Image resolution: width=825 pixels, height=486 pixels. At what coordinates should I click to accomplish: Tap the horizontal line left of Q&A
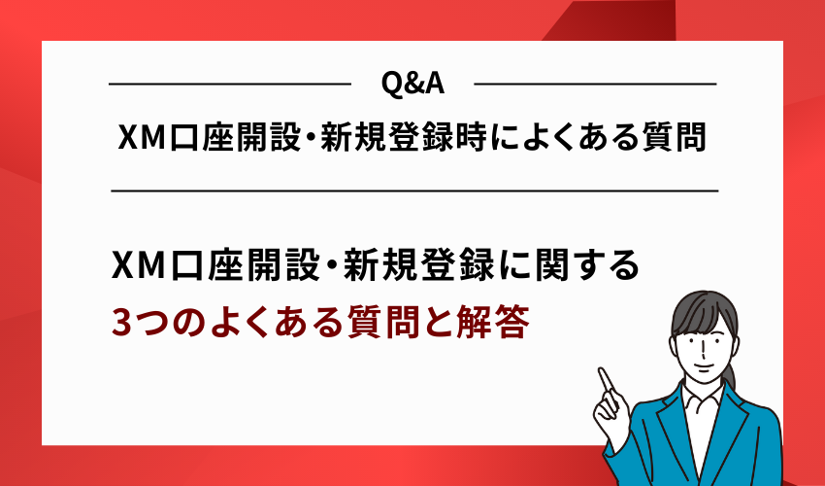(229, 85)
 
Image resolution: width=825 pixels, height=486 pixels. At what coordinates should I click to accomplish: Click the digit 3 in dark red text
(121, 322)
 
